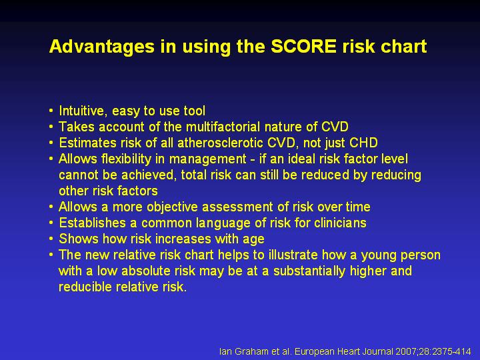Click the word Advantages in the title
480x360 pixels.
101,47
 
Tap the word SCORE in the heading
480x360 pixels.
303,46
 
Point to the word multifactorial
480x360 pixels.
223,127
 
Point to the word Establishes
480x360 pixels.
92,223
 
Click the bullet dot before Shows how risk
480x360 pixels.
51,238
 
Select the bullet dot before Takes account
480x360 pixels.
51,126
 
